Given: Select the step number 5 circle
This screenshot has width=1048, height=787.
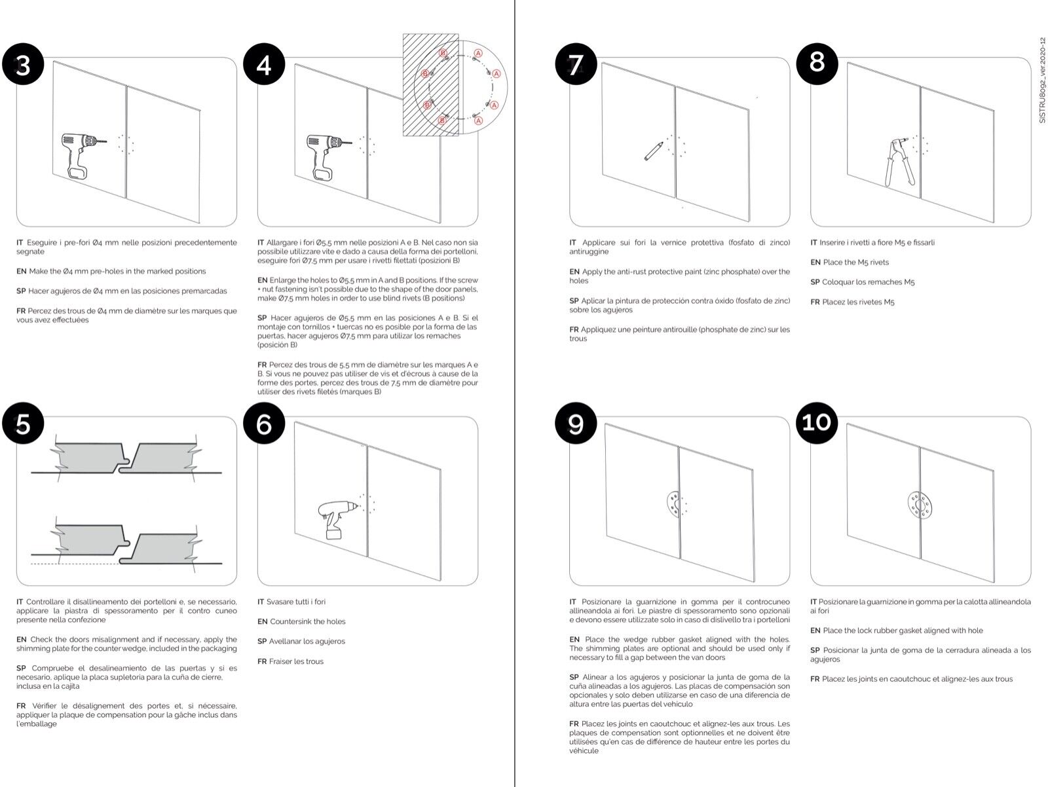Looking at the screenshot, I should pyautogui.click(x=23, y=424).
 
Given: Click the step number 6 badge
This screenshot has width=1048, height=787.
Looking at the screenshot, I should pyautogui.click(x=264, y=424).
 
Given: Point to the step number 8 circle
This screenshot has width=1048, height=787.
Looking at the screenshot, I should pyautogui.click(x=817, y=62).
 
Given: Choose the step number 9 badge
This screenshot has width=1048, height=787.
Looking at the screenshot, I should pyautogui.click(x=576, y=424).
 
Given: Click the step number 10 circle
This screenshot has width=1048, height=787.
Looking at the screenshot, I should pyautogui.click(x=817, y=422).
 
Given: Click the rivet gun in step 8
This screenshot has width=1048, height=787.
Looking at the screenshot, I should pyautogui.click(x=895, y=160).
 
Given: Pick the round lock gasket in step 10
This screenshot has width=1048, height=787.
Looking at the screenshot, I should pyautogui.click(x=920, y=506).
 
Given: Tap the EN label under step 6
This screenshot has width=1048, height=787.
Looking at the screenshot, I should pyautogui.click(x=262, y=622).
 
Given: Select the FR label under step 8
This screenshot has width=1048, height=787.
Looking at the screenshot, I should pyautogui.click(x=815, y=302).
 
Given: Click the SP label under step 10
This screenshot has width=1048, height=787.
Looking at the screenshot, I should pyautogui.click(x=815, y=651).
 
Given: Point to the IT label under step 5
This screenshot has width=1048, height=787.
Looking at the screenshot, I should pyautogui.click(x=20, y=602).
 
